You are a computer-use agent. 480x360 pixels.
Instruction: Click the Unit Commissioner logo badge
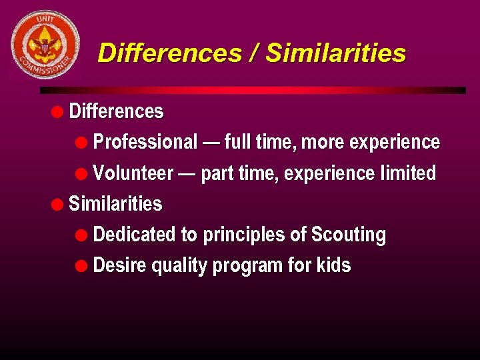pos(45,45)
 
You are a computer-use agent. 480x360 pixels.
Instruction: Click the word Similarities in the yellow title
pos(335,53)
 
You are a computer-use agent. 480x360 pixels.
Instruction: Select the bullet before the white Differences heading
pos(59,111)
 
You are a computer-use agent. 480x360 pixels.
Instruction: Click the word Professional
pos(145,142)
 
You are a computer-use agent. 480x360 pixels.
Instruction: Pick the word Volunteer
pos(133,173)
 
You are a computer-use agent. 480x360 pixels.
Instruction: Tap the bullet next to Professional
pos(81,142)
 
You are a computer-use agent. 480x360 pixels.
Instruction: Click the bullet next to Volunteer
pos(81,173)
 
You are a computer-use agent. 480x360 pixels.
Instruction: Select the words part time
pos(239,173)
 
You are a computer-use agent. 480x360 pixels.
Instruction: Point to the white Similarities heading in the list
pos(115,203)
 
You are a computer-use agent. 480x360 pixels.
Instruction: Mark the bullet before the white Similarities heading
pos(59,204)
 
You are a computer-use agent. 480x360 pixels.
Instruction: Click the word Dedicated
pos(134,235)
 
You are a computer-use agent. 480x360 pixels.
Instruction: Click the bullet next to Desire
pos(81,265)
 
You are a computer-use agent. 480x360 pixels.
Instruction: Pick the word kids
pos(333,265)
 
